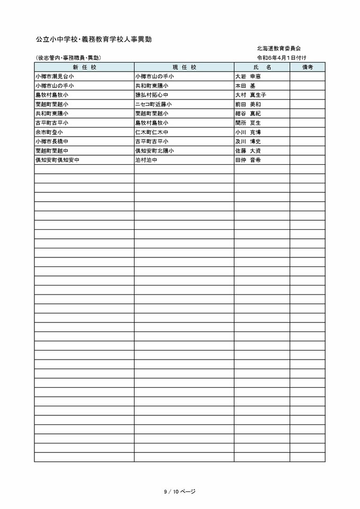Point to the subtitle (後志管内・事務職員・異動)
(x=68, y=57)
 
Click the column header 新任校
(x=84, y=67)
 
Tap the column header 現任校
(x=184, y=67)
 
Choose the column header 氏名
(x=262, y=67)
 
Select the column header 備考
(x=308, y=67)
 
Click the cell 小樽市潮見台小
(x=55, y=76)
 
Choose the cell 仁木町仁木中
(x=152, y=132)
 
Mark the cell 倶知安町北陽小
(x=155, y=150)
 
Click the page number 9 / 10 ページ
(x=180, y=492)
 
